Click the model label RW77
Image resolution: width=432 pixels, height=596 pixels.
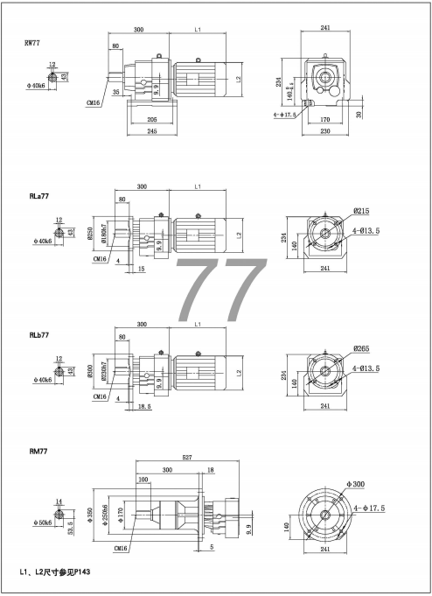tap(31, 42)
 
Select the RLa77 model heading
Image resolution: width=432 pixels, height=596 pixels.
tap(36, 198)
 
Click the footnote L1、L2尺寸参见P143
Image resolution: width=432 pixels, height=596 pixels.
tap(55, 571)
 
